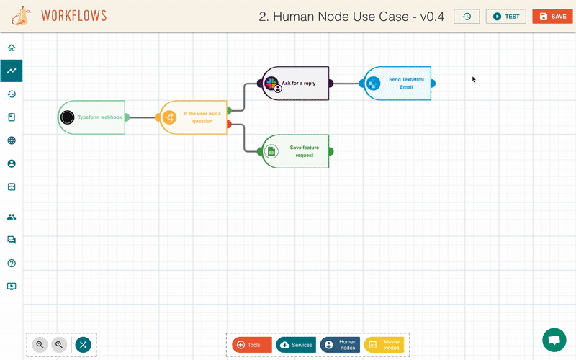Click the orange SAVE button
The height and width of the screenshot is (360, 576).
click(552, 17)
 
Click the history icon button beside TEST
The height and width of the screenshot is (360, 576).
click(467, 17)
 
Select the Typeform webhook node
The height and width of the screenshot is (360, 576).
click(91, 117)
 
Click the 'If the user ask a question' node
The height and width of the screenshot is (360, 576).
click(194, 117)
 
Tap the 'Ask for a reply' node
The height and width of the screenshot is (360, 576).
click(295, 84)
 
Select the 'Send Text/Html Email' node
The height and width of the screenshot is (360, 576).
click(397, 84)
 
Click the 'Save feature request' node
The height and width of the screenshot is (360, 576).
click(295, 151)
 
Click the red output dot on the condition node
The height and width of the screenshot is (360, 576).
click(229, 124)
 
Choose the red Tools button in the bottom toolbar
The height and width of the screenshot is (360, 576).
click(252, 345)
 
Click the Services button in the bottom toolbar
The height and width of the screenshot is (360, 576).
click(296, 345)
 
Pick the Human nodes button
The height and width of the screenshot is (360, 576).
click(340, 345)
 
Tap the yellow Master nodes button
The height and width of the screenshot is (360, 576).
click(384, 345)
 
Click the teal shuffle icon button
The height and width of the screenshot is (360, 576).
click(83, 345)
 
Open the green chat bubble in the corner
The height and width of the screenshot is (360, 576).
click(554, 340)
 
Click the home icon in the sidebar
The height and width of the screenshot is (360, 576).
click(12, 48)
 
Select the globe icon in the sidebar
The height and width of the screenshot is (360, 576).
click(12, 140)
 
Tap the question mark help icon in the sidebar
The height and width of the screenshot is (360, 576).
click(12, 263)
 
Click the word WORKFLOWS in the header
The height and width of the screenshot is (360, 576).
click(74, 16)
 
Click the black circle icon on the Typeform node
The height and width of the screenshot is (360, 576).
click(67, 117)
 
